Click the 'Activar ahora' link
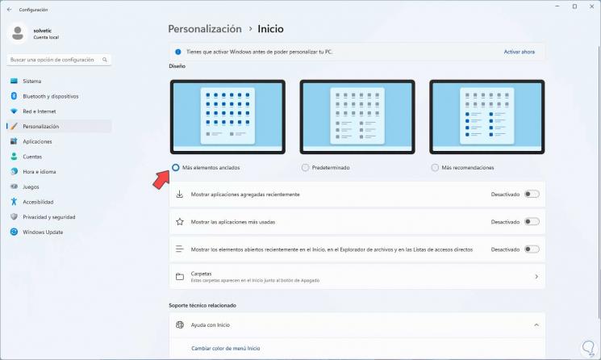click(x=519, y=52)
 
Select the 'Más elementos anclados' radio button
click(x=176, y=168)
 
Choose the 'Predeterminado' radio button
click(x=305, y=168)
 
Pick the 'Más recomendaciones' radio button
click(x=435, y=168)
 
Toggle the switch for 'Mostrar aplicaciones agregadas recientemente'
click(x=532, y=195)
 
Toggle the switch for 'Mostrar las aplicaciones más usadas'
click(x=532, y=222)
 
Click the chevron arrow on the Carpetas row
click(x=536, y=276)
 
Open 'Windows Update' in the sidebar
click(x=43, y=232)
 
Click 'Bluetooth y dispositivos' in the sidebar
click(x=51, y=96)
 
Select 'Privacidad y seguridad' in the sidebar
click(x=49, y=217)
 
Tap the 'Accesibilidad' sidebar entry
click(x=38, y=202)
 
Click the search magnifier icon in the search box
click(x=105, y=60)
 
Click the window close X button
click(x=591, y=6)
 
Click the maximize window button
click(x=574, y=6)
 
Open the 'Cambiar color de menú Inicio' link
click(x=225, y=348)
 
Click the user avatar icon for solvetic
click(x=18, y=33)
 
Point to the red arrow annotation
click(x=161, y=180)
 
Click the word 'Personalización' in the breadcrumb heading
click(x=205, y=29)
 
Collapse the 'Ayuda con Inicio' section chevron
click(x=536, y=325)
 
